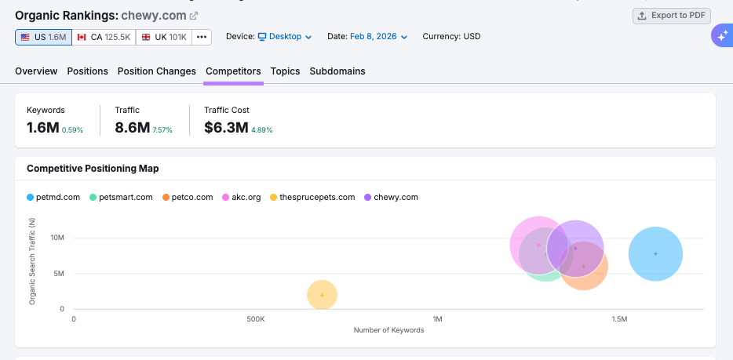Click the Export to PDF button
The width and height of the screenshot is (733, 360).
[x=671, y=16]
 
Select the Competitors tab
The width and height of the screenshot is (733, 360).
[x=233, y=71]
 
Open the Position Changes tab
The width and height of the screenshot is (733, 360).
[x=157, y=71]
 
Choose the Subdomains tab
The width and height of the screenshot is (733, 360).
[x=337, y=71]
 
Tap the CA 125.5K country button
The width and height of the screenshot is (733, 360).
[x=104, y=37]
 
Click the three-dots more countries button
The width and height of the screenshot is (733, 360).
[x=202, y=37]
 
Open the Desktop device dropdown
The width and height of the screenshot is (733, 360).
[x=285, y=37]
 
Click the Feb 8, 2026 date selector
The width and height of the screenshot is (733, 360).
[x=378, y=37]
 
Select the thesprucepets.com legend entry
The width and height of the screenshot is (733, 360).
[x=312, y=197]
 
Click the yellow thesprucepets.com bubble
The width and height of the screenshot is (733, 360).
[x=322, y=295]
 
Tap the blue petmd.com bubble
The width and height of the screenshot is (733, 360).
[x=655, y=253]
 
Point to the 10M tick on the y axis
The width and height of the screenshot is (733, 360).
[x=57, y=238]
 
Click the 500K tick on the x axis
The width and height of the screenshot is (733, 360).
[x=256, y=319]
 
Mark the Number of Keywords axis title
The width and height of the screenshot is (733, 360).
[x=388, y=330]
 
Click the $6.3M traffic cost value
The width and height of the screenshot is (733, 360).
[x=226, y=127]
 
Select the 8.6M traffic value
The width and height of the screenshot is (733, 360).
[x=132, y=127]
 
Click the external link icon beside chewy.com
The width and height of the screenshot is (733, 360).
[x=194, y=16]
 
